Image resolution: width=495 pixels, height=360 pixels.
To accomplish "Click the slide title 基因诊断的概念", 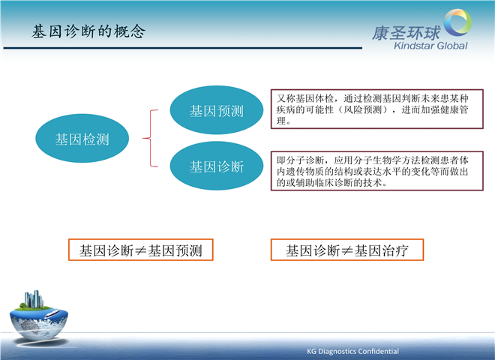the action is coord(88,31).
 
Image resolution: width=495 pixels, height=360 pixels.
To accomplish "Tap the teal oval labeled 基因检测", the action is coord(82,138).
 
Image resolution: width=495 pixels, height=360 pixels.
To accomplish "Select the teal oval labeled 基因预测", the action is coord(217,110).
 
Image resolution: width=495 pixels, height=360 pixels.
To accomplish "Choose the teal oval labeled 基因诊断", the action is coord(217,166).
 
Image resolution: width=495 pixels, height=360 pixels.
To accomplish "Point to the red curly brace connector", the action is coord(150,138).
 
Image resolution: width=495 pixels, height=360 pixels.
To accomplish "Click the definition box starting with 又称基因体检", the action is coord(377,109).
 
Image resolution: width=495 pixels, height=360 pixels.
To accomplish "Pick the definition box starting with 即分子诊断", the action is coord(377,171).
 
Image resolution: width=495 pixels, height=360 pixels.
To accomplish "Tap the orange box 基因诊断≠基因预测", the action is coord(141,250).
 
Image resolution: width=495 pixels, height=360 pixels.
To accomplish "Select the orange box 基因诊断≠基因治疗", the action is coord(347,250).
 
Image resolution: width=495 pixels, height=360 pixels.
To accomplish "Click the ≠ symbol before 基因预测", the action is coord(141,250).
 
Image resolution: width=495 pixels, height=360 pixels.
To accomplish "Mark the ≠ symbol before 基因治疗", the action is coord(347,250).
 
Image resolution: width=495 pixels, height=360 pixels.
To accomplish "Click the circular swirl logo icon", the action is coord(457,22).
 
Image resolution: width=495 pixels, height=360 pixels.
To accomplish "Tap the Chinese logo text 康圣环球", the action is coord(406,33).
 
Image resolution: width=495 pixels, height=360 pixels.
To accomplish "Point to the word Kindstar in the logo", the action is coord(412,46).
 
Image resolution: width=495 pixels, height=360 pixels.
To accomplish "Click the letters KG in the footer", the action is coord(311,351).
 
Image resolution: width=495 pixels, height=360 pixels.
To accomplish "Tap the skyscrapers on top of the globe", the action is coord(34,299).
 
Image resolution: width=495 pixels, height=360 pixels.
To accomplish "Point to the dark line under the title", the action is coord(183,48).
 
